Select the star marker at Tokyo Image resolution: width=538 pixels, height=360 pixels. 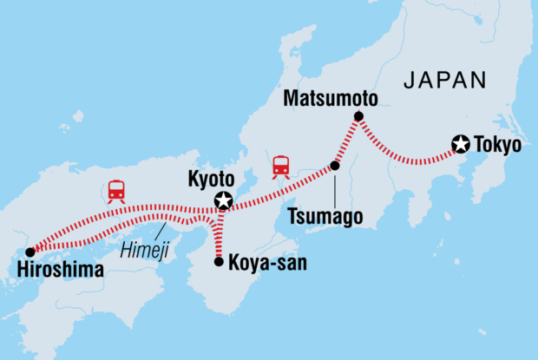click(461, 145)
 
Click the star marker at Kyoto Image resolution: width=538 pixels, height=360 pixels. click(224, 202)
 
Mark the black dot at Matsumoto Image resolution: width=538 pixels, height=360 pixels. click(358, 116)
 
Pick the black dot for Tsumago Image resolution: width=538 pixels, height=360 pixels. click(335, 165)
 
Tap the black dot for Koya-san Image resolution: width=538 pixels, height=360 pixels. click(218, 259)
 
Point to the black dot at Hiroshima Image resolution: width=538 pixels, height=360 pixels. click(30, 252)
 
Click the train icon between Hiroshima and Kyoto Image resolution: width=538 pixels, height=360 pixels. click(115, 190)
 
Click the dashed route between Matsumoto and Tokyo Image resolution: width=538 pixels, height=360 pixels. click(408, 160)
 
